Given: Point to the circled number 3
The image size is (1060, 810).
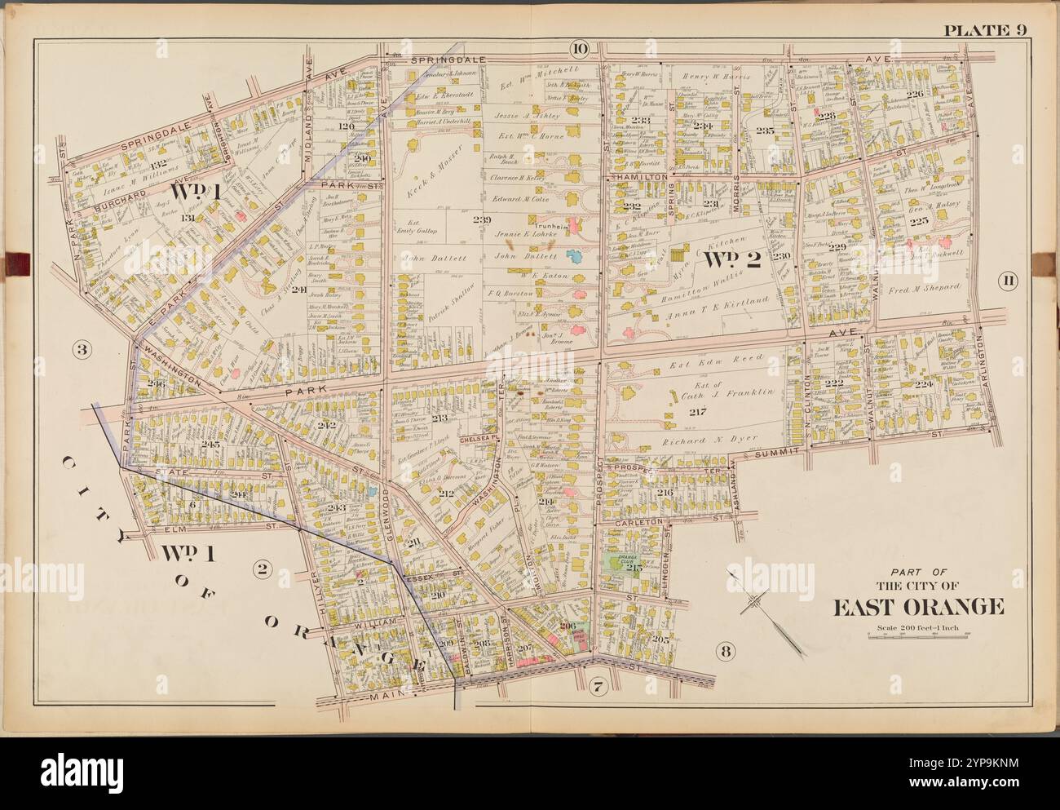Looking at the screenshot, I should pos(82,352).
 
